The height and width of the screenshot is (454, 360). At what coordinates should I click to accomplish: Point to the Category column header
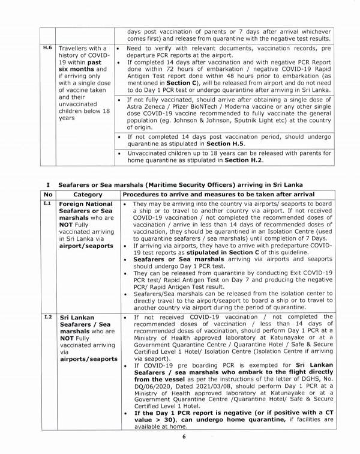pos(88,195)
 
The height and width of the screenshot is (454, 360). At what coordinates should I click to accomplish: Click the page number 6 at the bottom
pos(184,436)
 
